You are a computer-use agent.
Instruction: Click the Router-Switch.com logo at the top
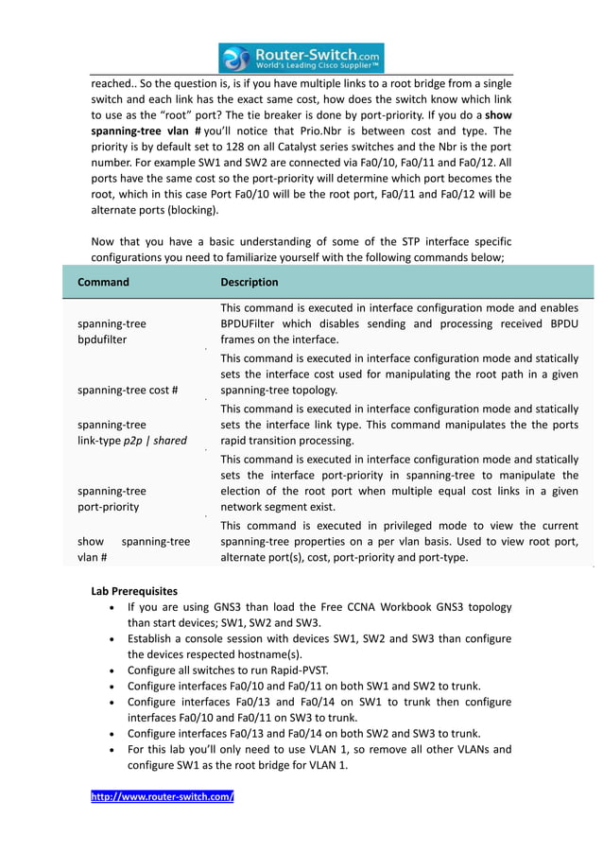[x=301, y=58]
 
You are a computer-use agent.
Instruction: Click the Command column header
[x=103, y=282]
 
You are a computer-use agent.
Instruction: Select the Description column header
[x=250, y=282]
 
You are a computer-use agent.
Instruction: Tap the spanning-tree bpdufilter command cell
[x=112, y=331]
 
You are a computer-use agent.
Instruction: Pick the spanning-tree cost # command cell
[x=128, y=390]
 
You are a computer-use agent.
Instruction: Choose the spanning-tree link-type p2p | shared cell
[x=131, y=432]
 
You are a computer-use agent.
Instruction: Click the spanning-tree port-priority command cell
[x=112, y=498]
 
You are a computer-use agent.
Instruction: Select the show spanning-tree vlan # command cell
[x=132, y=549]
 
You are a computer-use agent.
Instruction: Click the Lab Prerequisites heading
[x=133, y=591]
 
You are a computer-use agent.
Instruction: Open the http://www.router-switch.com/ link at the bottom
[x=162, y=797]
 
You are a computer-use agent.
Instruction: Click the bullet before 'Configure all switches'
[x=113, y=670]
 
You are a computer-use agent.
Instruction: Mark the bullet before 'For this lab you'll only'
[x=113, y=749]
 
